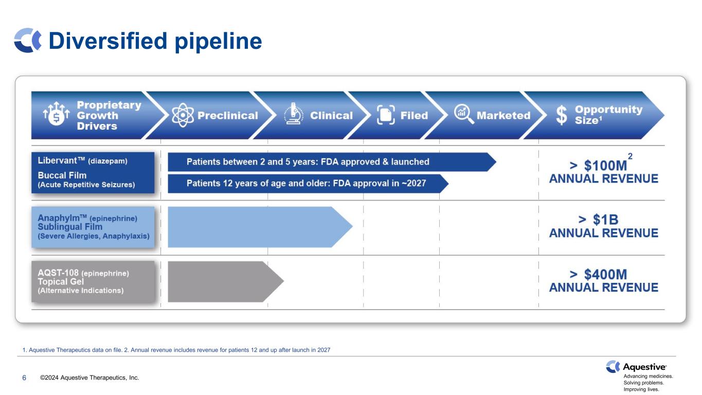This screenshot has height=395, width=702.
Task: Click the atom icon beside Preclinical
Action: pos(183,115)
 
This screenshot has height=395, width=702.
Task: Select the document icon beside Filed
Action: pos(386,115)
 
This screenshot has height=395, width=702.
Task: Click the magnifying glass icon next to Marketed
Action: pos(464,114)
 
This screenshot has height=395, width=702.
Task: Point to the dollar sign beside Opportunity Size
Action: pos(561,115)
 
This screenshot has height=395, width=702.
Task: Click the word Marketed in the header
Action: pos(503,115)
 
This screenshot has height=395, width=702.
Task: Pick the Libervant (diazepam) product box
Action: pos(93,172)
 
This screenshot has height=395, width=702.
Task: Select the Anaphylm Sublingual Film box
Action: pos(93,227)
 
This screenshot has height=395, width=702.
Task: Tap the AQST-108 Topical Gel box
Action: pos(93,281)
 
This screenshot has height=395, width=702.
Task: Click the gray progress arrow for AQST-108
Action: pos(226,281)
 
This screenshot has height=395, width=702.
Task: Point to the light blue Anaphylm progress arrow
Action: pos(260,227)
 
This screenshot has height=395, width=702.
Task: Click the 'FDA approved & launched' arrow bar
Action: pos(332,162)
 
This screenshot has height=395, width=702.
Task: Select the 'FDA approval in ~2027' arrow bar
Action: pos(308,184)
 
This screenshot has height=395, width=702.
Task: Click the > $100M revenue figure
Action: pos(598,166)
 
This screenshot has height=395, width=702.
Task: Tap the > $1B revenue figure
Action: pos(598,220)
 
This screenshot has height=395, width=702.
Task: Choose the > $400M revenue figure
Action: pos(598,274)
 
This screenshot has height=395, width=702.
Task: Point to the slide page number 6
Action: pos(24,378)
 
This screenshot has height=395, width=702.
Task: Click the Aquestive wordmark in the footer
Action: pos(644,367)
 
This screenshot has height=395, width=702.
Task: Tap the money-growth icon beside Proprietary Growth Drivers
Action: pos(57,114)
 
